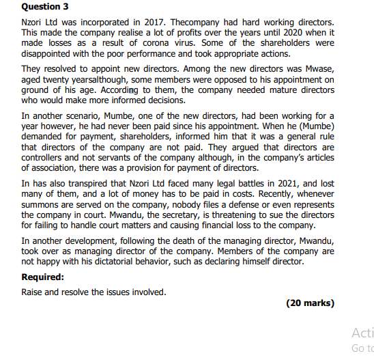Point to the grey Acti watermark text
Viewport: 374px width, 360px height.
pyautogui.click(x=362, y=333)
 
